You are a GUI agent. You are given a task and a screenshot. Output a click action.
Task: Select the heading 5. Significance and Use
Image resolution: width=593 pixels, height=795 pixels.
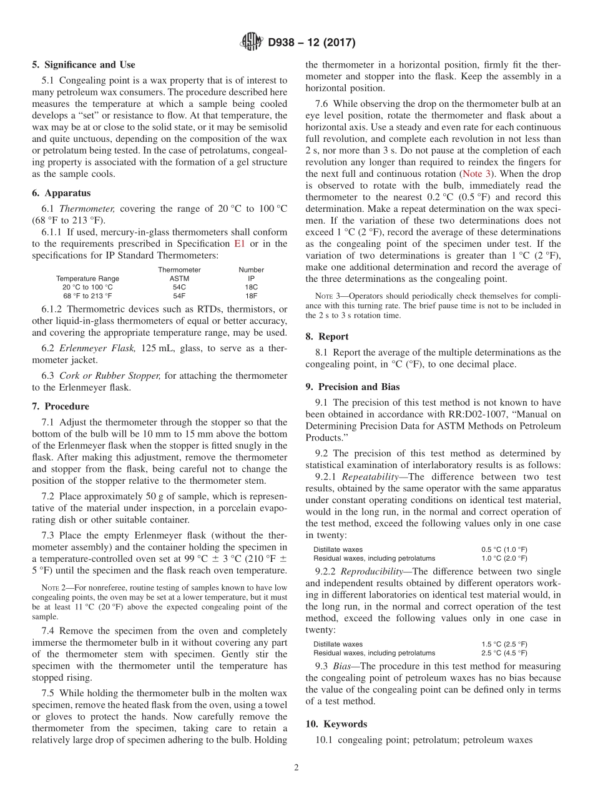click(83, 64)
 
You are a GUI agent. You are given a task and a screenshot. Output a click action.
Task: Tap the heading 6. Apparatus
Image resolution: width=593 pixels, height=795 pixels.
click(61, 193)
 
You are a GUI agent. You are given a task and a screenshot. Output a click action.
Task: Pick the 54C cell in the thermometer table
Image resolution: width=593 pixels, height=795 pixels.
click(179, 287)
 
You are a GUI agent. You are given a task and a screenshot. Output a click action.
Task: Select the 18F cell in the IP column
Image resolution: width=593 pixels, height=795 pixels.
click(251, 296)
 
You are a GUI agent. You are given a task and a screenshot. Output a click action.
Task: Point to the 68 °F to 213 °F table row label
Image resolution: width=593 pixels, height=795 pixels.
click(87, 296)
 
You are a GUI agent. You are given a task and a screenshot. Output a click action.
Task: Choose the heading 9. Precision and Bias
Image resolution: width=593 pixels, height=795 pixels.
click(353, 386)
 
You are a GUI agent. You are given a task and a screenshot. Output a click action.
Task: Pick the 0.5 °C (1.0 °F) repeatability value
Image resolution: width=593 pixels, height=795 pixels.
click(504, 549)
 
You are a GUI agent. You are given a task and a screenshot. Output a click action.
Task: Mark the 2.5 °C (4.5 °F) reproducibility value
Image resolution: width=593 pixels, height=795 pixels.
click(504, 652)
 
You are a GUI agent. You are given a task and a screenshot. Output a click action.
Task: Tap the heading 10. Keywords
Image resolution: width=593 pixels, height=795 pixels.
click(336, 724)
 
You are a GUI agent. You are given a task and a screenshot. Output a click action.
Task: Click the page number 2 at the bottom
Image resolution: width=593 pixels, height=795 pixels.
click(296, 768)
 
